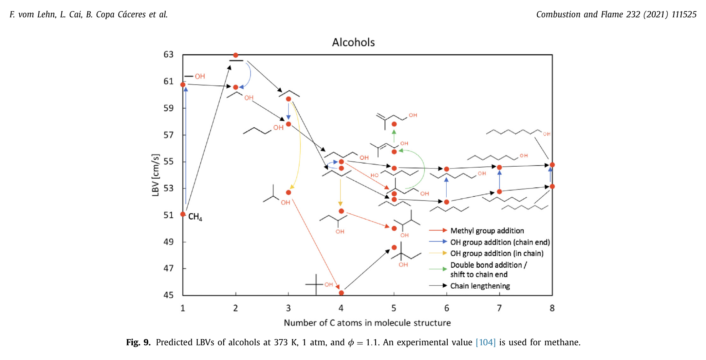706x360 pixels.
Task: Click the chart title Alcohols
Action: [353, 43]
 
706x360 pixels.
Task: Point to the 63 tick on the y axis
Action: [168, 54]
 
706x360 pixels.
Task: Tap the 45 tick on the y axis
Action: [168, 295]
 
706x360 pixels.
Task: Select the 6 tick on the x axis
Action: [446, 308]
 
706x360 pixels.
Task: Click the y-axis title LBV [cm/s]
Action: [156, 175]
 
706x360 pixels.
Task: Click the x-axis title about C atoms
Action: [367, 323]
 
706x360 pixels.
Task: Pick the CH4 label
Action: [195, 217]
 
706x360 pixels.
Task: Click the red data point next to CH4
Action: [183, 214]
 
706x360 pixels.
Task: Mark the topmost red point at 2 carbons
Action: [235, 55]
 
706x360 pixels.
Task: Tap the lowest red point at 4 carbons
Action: [341, 293]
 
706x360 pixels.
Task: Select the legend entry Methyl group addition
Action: [487, 231]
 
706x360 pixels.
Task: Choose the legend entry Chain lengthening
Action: [480, 286]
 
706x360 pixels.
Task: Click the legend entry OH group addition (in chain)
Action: [496, 253]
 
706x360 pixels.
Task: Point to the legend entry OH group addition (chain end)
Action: [500, 242]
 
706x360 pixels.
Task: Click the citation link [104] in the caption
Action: [485, 342]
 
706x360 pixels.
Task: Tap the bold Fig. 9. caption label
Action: [138, 342]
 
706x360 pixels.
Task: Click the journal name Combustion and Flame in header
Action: [580, 14]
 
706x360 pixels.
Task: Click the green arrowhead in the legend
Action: [444, 269]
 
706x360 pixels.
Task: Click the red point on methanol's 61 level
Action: [183, 85]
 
